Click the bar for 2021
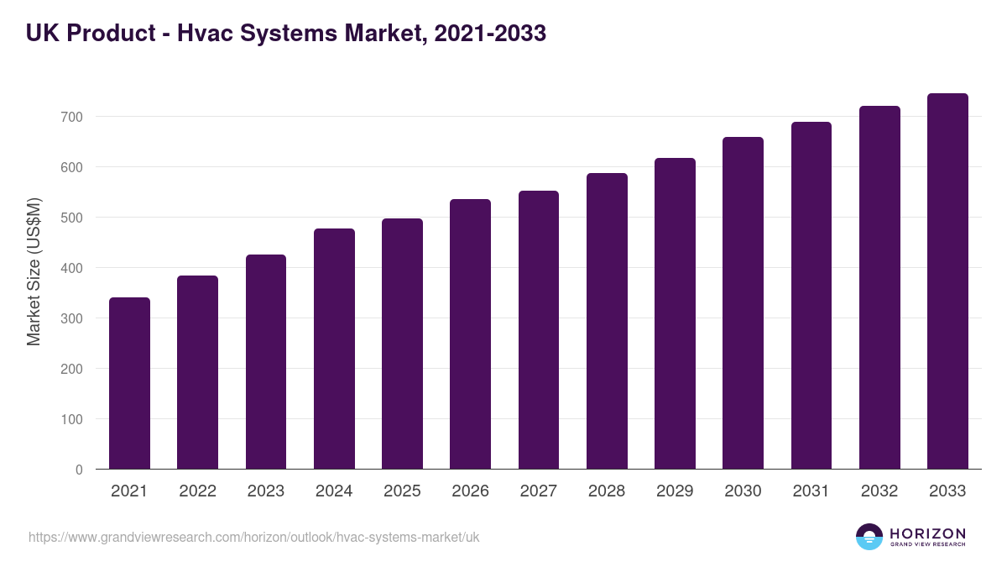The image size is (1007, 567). click(x=129, y=383)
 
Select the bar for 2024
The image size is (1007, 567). click(x=334, y=349)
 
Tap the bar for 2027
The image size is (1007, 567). click(x=538, y=330)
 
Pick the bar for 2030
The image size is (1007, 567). click(x=743, y=302)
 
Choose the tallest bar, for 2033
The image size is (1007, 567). click(x=947, y=281)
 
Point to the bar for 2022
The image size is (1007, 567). click(x=197, y=372)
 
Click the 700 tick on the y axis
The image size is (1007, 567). click(x=71, y=117)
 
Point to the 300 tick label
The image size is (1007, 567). click(x=71, y=318)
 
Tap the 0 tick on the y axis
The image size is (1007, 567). click(x=79, y=470)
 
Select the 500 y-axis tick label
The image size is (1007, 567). click(x=71, y=218)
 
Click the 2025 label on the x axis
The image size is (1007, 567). click(x=402, y=491)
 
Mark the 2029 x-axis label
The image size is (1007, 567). click(x=675, y=491)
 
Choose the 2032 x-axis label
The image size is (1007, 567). click(x=879, y=491)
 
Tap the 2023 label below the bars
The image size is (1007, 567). click(x=266, y=491)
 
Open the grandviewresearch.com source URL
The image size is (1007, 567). click(x=254, y=537)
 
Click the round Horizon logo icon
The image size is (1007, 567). click(x=869, y=537)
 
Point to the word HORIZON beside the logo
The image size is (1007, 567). click(x=927, y=533)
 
